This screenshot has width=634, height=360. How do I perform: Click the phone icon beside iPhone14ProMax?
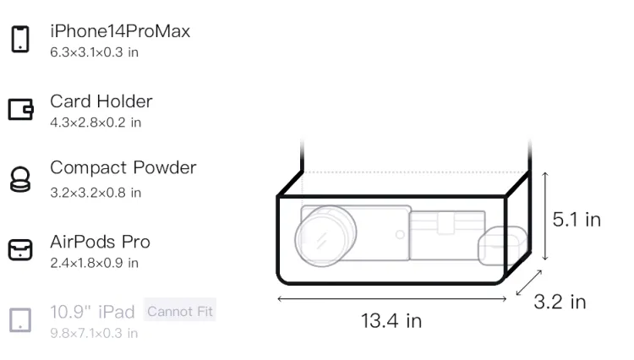[20, 39]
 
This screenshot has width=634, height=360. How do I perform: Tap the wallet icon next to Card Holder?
[20, 109]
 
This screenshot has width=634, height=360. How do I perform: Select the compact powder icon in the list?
[20, 179]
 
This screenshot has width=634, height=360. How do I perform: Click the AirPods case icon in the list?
[20, 249]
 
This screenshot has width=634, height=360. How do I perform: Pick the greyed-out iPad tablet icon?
[20, 320]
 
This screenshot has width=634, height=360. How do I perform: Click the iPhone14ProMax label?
[120, 31]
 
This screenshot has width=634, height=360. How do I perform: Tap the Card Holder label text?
[101, 101]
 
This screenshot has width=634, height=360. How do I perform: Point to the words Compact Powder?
[123, 167]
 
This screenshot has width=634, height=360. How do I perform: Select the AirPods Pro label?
[101, 242]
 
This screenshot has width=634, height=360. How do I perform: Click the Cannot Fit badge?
[180, 312]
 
